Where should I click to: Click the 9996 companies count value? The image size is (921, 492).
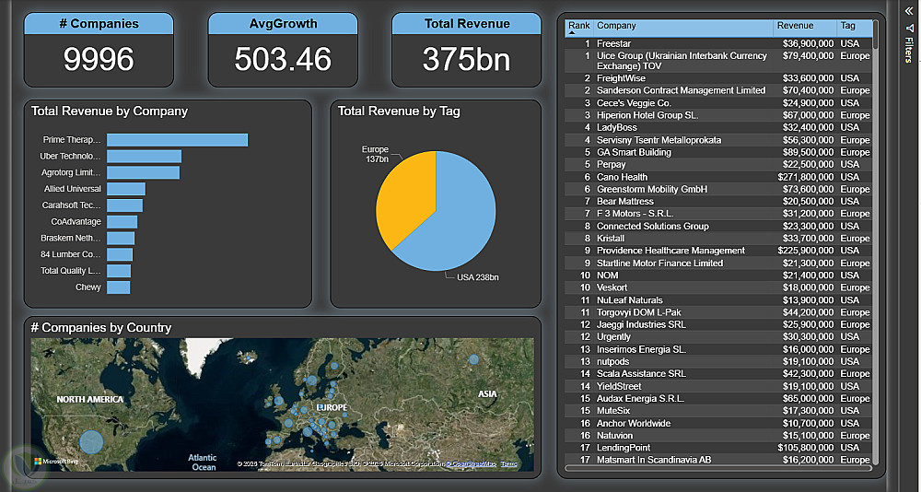(99, 59)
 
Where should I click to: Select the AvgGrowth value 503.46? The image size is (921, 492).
(283, 59)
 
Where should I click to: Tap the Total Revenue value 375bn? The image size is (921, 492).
(466, 59)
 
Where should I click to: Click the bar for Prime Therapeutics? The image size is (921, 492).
(177, 140)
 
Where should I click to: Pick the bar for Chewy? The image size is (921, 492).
(118, 287)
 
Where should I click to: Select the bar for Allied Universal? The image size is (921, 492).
(125, 189)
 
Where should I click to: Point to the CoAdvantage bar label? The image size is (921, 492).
(76, 222)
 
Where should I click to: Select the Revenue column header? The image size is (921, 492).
(795, 26)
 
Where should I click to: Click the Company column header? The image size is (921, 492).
(616, 26)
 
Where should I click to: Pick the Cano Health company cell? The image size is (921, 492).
(622, 177)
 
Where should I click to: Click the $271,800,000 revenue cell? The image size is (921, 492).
(804, 177)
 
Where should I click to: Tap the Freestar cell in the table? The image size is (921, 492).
(613, 43)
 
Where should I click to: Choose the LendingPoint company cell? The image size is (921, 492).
(624, 448)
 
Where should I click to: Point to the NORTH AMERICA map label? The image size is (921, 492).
(89, 399)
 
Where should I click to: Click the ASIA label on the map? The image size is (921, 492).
(487, 394)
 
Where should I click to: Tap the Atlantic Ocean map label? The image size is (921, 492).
(203, 462)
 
